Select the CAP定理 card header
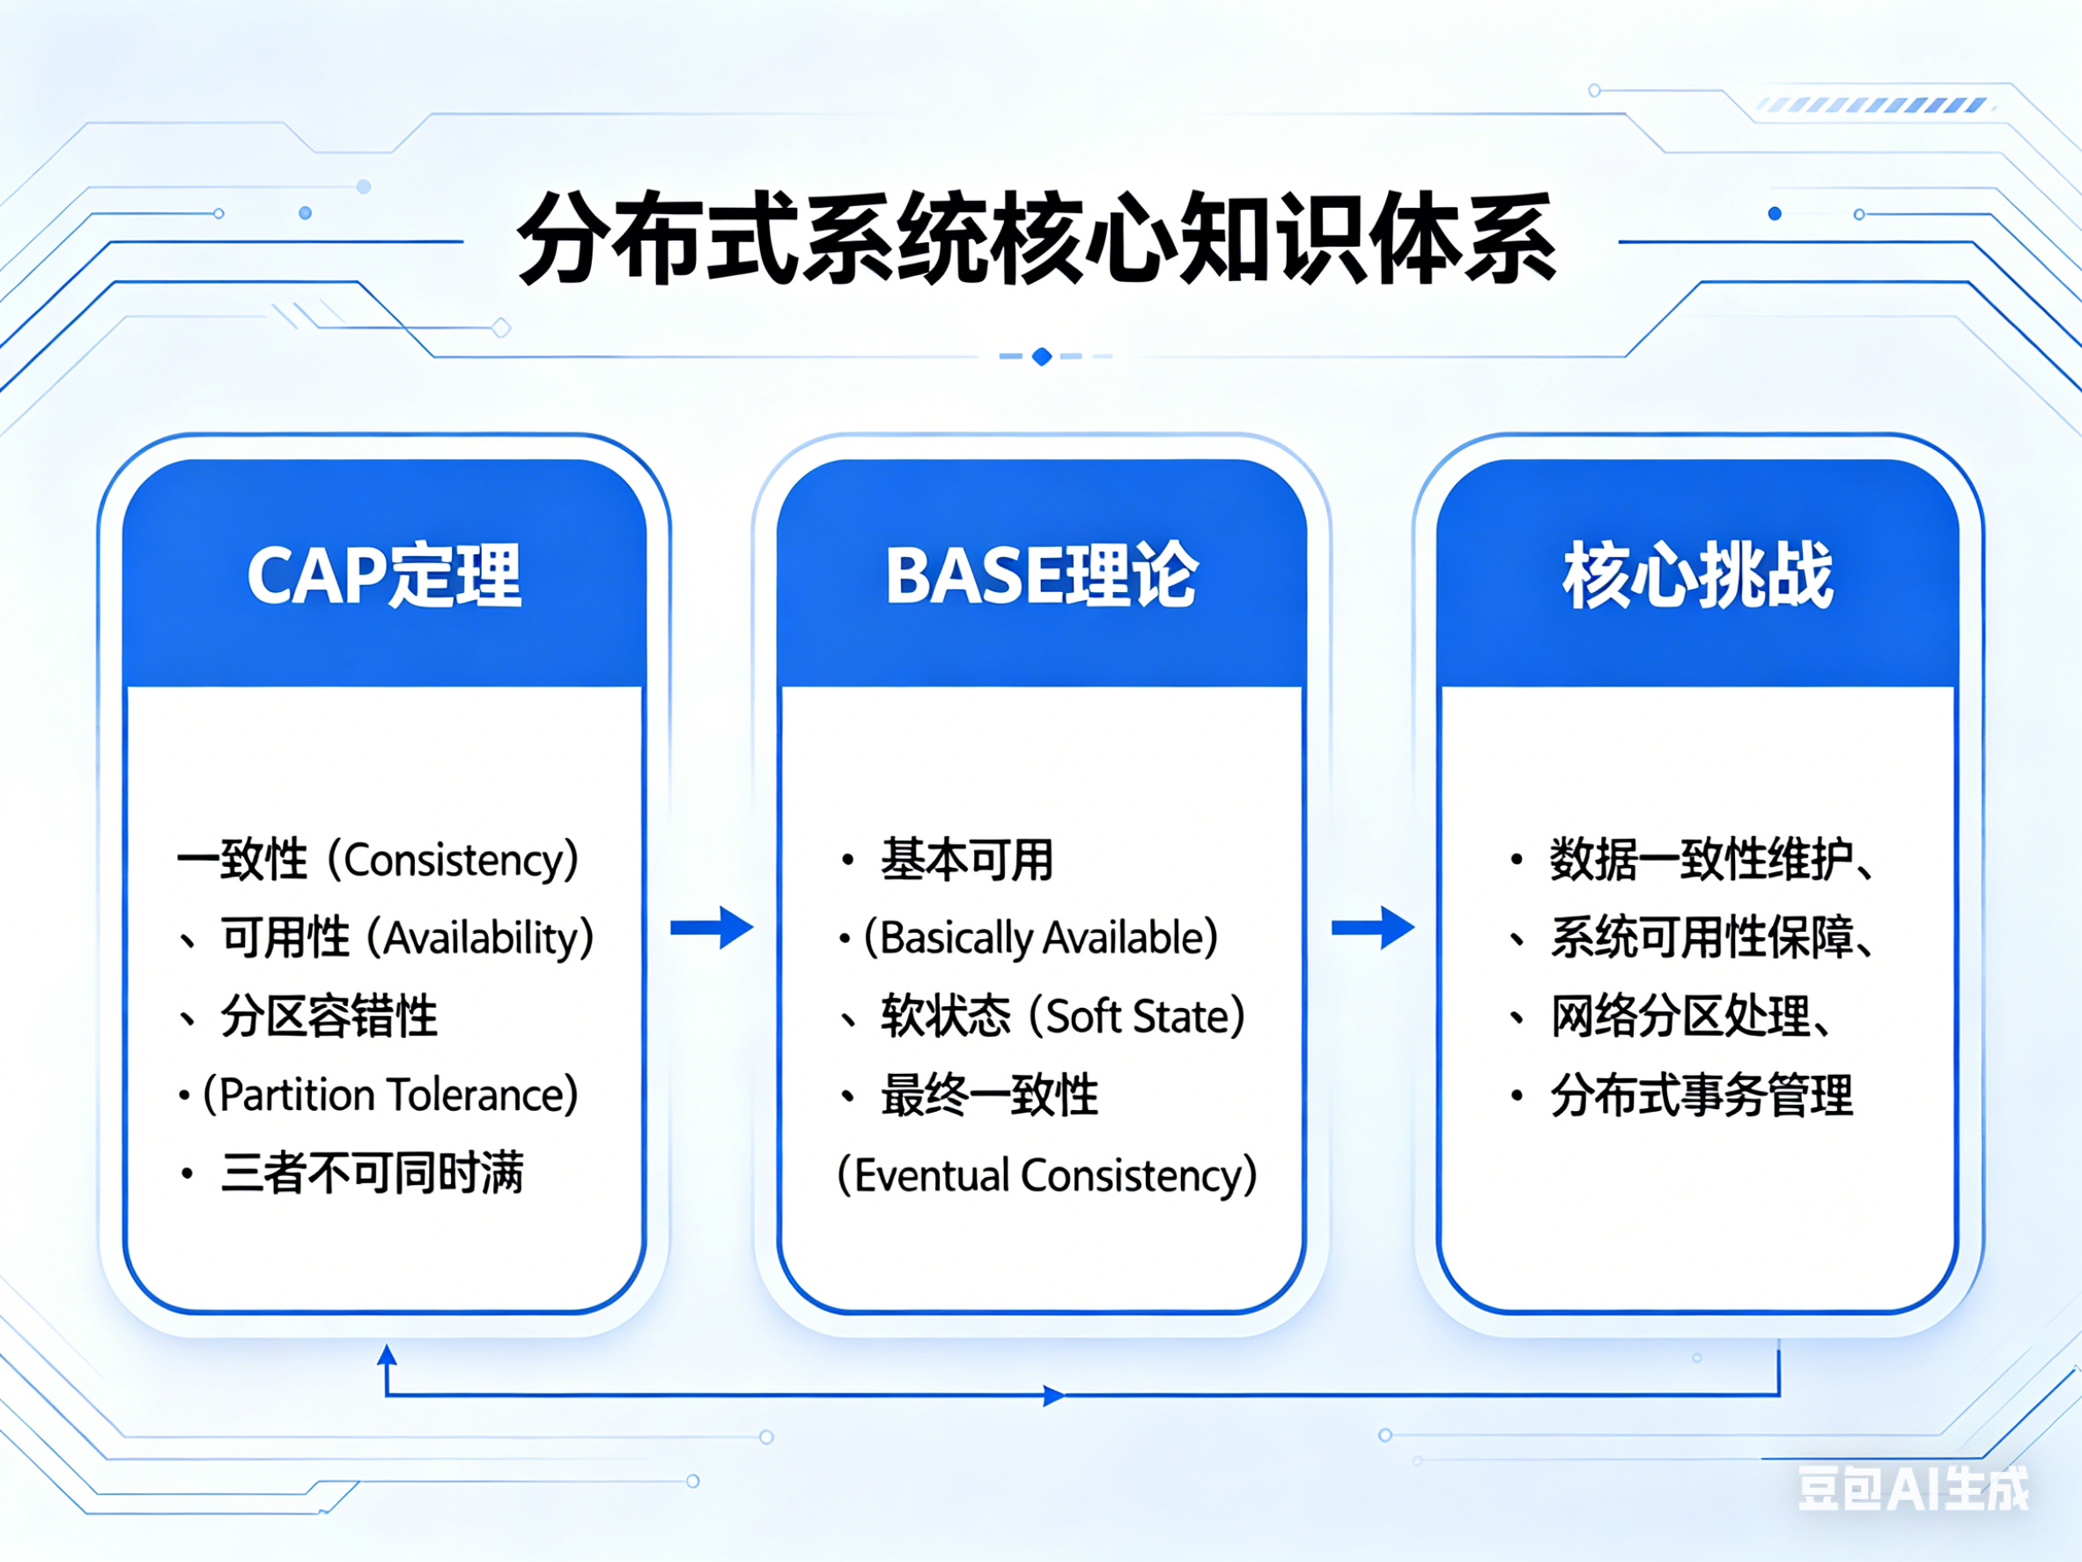(384, 574)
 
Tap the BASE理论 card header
(1041, 574)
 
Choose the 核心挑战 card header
(1698, 574)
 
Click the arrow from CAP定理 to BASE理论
(712, 928)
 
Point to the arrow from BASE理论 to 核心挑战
(1372, 928)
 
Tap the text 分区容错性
(329, 1016)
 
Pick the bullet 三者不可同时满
(373, 1173)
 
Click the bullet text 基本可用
(967, 860)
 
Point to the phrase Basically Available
(1041, 937)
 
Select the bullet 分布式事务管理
(1702, 1095)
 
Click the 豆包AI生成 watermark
(1913, 1489)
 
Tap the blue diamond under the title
(1041, 357)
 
